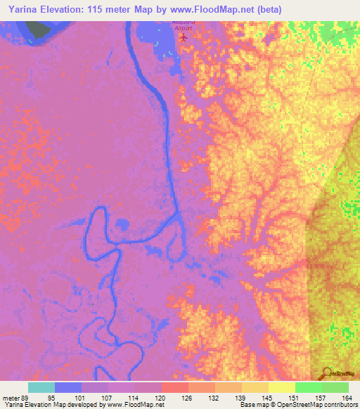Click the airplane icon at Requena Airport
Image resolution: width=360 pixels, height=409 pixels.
click(x=184, y=37)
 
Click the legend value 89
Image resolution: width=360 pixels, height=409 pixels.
click(x=28, y=398)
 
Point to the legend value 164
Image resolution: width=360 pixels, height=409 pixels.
click(x=347, y=398)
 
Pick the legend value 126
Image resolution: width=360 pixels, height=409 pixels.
click(x=187, y=398)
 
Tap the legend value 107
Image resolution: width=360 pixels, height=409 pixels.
click(x=108, y=398)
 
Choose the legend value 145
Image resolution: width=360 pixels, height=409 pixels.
click(x=268, y=398)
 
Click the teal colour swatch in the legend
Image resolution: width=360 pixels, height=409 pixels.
click(x=41, y=387)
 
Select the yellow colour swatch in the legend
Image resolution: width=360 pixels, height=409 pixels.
click(x=282, y=387)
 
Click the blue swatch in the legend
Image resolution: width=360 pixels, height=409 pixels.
click(x=68, y=387)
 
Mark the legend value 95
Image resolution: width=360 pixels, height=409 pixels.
click(x=55, y=398)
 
